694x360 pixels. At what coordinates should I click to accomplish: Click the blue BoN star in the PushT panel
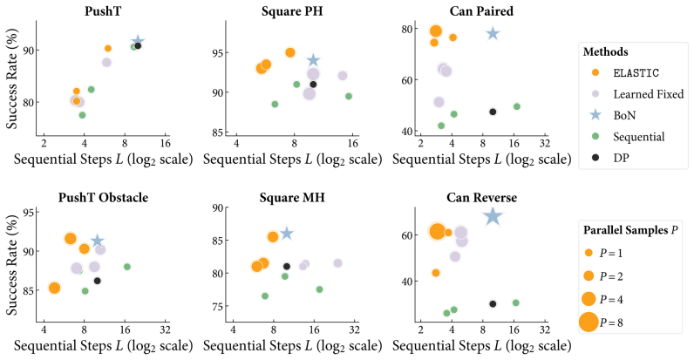tap(138, 41)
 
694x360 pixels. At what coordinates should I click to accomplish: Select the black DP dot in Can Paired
tap(493, 112)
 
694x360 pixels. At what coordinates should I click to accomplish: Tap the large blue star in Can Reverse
tap(493, 217)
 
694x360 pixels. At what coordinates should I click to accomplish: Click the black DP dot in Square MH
tap(286, 266)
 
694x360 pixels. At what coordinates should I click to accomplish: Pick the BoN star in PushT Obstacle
tap(98, 241)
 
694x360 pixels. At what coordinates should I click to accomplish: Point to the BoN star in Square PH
tap(313, 60)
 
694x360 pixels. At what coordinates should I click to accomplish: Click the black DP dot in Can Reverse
tap(493, 304)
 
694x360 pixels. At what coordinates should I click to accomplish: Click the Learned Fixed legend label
tap(649, 94)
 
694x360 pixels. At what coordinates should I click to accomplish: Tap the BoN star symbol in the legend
tap(595, 115)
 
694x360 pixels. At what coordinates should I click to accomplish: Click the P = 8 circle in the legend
tap(589, 322)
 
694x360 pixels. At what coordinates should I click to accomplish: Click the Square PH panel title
tap(292, 11)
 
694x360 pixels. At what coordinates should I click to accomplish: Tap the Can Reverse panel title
tap(481, 197)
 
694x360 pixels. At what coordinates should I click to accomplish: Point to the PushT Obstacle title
tap(103, 197)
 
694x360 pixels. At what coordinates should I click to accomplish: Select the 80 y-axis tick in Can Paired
tap(407, 29)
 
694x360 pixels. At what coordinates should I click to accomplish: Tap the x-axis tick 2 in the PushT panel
tap(44, 143)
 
